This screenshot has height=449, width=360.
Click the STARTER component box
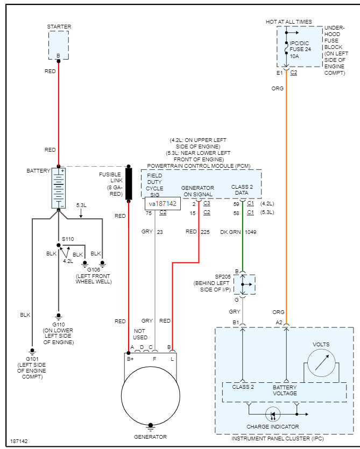coord(59,45)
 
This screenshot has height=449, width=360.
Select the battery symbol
coord(59,188)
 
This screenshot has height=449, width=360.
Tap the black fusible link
coord(129,183)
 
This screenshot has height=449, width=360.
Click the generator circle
coord(151,396)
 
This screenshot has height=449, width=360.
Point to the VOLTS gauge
coord(321,363)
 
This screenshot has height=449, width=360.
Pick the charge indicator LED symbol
coord(273,414)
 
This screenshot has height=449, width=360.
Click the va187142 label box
coord(163,204)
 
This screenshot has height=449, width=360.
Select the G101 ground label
coord(32,359)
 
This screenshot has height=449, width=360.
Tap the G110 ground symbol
coord(59,316)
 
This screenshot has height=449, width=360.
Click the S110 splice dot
coord(59,245)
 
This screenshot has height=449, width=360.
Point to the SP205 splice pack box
coord(244,284)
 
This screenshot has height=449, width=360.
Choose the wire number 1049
coord(251,232)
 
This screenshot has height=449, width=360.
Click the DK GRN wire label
coord(230,232)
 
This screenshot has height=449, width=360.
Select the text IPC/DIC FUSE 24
coord(300,46)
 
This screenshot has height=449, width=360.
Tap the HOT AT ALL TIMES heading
coord(288,22)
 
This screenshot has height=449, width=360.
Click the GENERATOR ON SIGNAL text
coord(198,191)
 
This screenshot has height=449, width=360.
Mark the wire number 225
coord(205,232)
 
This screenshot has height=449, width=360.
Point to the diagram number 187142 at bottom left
coord(19,441)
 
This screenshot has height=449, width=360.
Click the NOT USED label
coord(140,334)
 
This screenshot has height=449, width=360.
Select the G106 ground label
coord(94,270)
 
